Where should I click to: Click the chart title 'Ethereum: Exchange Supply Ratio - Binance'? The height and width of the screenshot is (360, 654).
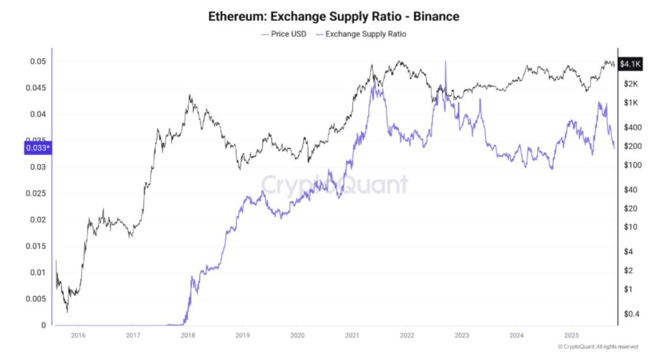click(x=333, y=16)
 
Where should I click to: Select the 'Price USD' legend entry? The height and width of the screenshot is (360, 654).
click(x=284, y=34)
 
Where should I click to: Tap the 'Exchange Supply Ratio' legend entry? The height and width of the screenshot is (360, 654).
click(x=361, y=34)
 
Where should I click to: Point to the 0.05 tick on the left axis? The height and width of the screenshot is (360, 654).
click(x=38, y=62)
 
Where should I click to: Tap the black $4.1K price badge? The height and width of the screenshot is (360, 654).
click(x=630, y=64)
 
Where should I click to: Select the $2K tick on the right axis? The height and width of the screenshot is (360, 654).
click(x=629, y=84)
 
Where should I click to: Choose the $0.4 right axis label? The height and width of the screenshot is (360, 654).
click(x=630, y=313)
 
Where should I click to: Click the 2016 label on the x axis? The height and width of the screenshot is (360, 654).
click(x=78, y=334)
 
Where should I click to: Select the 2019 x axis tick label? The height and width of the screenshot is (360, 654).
click(x=242, y=334)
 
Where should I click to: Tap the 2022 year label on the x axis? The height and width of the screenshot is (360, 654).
click(x=407, y=334)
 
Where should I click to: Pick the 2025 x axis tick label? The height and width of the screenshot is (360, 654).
click(x=572, y=334)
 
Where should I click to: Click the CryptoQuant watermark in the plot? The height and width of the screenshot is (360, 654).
click(x=334, y=184)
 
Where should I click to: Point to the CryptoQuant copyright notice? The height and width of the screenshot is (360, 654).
click(x=598, y=347)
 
